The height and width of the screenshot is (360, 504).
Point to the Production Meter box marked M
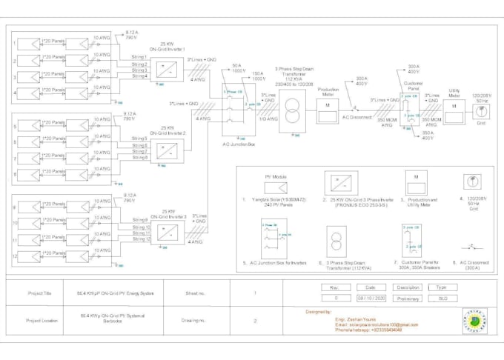[328, 107]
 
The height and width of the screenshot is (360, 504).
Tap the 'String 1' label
[139, 57]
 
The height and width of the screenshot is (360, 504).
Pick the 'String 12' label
[141, 239]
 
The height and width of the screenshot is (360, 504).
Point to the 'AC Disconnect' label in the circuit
[357, 117]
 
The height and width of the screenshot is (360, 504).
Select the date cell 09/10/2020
[371, 299]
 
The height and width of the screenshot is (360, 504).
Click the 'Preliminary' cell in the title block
[408, 299]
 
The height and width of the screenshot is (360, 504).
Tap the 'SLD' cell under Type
[442, 299]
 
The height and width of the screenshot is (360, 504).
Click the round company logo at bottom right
[474, 320]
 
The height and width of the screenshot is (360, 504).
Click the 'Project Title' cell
[39, 293]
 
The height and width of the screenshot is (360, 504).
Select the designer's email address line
[376, 324]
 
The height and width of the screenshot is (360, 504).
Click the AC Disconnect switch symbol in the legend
[468, 246]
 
